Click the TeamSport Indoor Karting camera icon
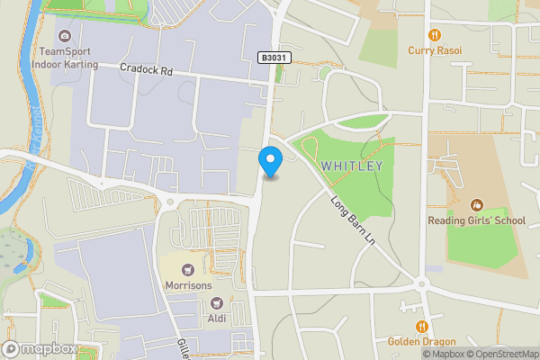point(64,36)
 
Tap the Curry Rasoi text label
point(435,50)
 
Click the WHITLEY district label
point(352,166)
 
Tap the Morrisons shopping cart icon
point(188,269)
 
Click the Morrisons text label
point(188,285)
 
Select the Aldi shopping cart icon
point(214,303)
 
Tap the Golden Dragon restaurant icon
point(421,326)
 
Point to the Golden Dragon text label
point(421,342)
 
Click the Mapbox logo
point(38,349)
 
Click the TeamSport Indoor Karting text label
point(64,58)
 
